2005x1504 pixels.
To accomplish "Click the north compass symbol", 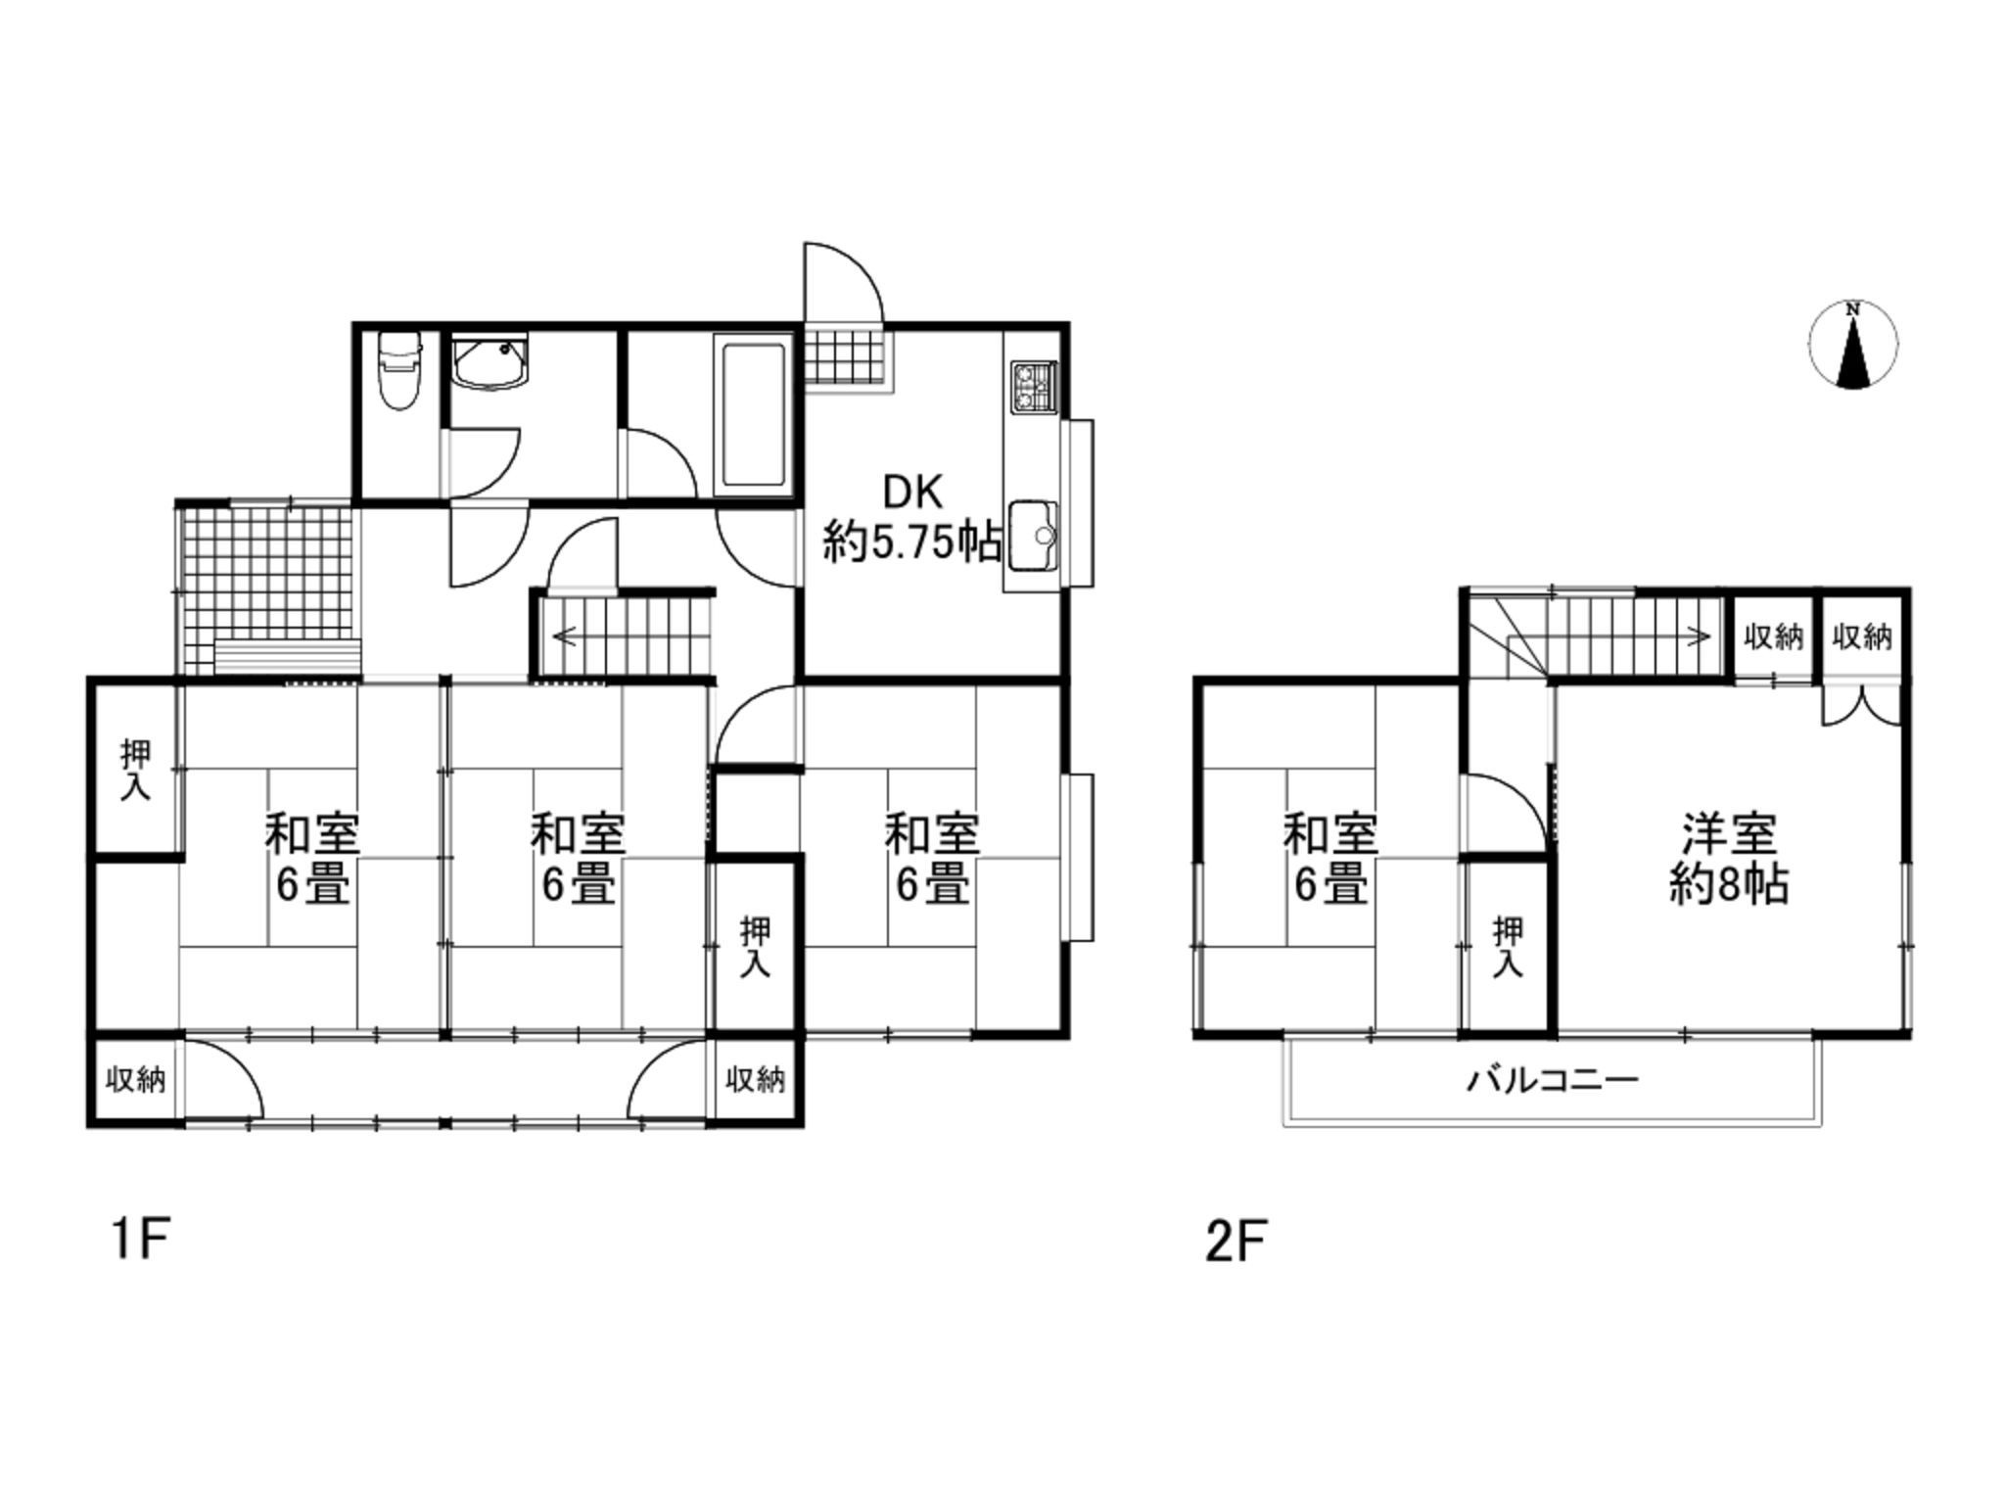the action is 1852,344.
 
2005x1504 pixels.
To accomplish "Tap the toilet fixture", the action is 398,370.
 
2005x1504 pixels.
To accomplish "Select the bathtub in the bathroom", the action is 753,415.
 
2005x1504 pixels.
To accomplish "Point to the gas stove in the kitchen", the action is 1034,386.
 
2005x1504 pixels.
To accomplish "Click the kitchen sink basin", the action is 1034,535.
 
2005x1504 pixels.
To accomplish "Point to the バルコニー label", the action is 1552,1081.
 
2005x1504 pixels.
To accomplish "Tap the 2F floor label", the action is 1237,1242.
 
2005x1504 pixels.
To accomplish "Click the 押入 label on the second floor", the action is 1508,947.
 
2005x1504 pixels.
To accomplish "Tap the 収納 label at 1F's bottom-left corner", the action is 135,1081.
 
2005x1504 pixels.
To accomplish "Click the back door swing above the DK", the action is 843,283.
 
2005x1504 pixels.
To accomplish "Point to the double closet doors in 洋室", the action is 1861,705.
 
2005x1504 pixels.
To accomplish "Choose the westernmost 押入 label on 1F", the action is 135,771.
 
